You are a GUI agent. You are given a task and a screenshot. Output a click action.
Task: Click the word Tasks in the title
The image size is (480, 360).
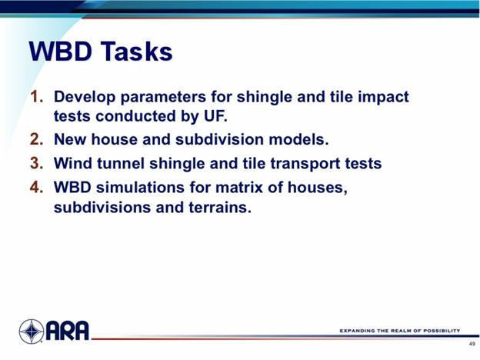click(x=137, y=51)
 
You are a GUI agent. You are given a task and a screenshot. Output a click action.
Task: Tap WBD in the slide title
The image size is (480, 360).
click(x=60, y=51)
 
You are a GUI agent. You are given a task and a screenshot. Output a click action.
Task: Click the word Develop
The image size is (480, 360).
click(x=85, y=98)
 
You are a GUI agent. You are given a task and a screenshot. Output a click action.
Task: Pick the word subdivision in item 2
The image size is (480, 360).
click(x=219, y=139)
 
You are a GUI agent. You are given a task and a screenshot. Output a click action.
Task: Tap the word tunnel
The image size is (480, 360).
click(x=121, y=163)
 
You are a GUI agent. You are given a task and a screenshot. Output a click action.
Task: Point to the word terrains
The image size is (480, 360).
click(x=220, y=207)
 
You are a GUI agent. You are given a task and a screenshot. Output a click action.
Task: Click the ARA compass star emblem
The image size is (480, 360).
click(x=32, y=332)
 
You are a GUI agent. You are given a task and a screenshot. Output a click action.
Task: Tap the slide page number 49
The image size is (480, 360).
click(x=472, y=344)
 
